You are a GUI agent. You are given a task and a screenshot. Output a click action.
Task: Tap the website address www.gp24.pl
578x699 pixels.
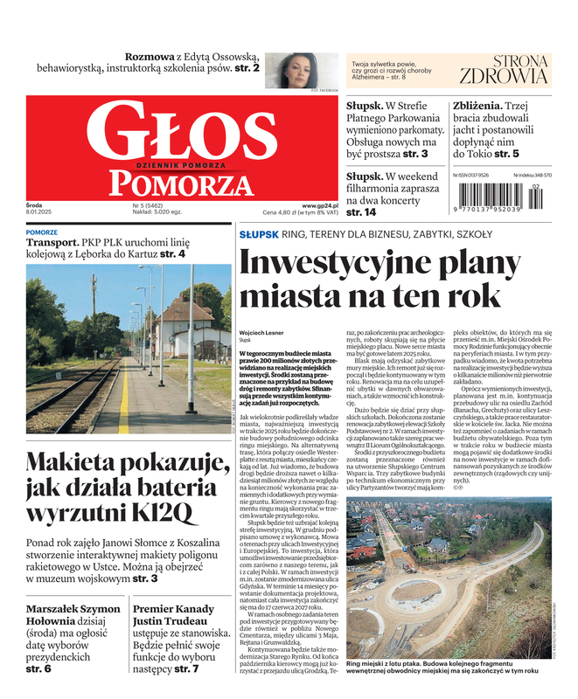(x=320, y=206)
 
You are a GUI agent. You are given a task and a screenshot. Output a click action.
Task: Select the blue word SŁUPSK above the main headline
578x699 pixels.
(x=258, y=235)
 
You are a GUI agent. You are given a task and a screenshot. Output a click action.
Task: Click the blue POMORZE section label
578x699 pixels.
(x=42, y=232)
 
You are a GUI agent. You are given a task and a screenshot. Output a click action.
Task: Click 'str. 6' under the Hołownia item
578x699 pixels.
(x=38, y=668)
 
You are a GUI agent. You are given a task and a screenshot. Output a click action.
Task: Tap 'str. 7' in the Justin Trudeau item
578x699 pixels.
(x=185, y=668)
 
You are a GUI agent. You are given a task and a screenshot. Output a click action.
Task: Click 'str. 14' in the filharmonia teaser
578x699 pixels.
(x=361, y=212)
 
